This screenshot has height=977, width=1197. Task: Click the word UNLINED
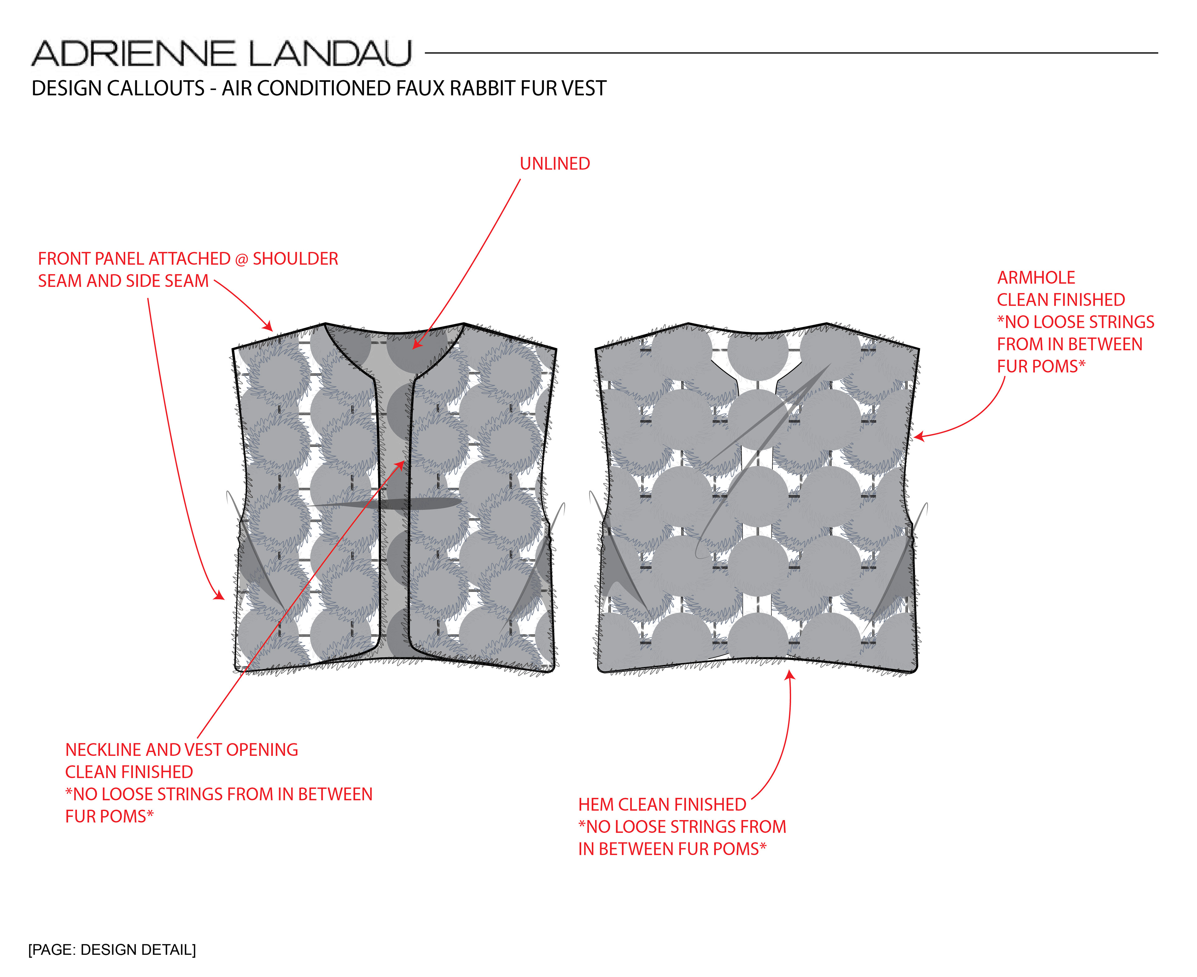555,164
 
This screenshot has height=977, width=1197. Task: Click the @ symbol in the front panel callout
241,259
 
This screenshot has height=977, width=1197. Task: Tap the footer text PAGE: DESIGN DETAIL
112,950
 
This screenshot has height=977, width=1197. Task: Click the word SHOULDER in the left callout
295,259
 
